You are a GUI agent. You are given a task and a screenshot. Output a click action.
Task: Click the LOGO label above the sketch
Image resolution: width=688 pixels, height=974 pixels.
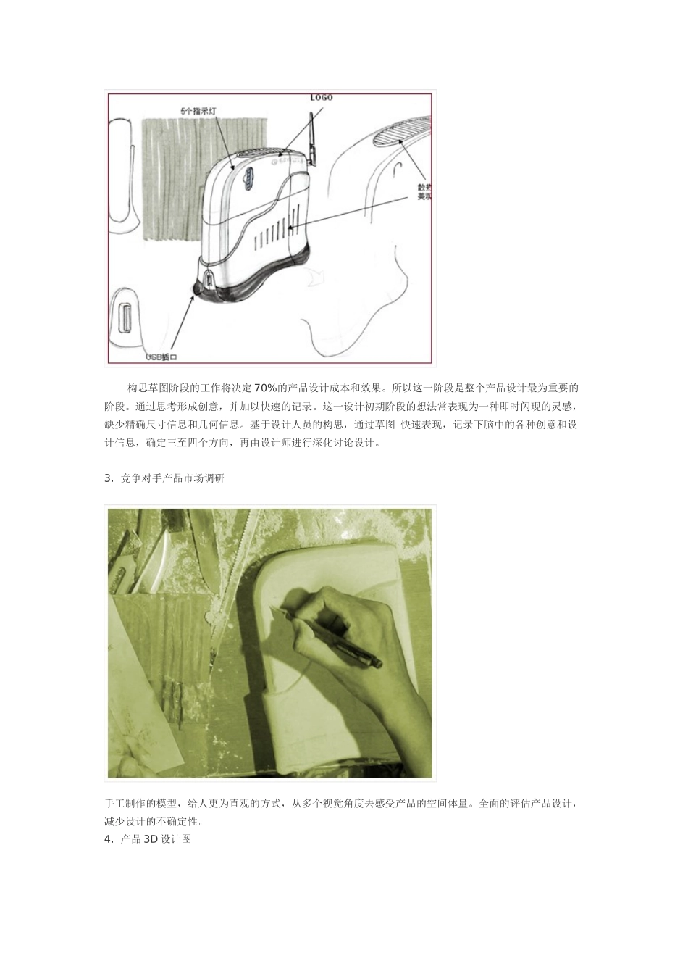[x=321, y=97]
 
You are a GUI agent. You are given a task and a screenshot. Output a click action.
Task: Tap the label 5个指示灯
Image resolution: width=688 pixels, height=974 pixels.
[x=198, y=110]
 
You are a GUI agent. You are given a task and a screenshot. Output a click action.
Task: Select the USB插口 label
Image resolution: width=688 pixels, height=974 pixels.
[x=161, y=357]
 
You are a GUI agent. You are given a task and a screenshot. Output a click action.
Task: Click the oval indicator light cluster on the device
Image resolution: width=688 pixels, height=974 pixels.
[x=247, y=178]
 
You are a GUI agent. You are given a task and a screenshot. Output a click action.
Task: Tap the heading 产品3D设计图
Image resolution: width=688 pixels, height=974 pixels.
[x=155, y=839]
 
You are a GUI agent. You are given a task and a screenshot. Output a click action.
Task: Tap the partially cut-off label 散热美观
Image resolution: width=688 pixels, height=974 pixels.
[x=424, y=192]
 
